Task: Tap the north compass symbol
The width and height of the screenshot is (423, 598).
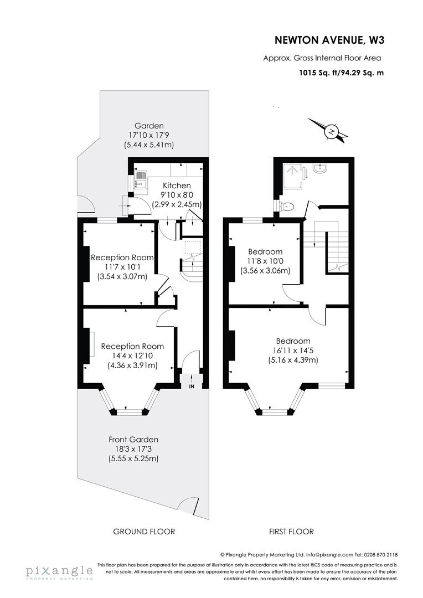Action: (x=331, y=131)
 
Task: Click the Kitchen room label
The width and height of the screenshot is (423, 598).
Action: (x=177, y=185)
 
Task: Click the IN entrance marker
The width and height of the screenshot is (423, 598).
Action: (x=192, y=386)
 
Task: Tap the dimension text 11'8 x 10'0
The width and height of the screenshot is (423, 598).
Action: (x=265, y=261)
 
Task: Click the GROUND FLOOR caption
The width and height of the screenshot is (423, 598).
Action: (x=144, y=532)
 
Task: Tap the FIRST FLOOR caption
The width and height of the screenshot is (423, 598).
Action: (x=291, y=532)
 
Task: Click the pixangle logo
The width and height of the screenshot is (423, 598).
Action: (x=59, y=572)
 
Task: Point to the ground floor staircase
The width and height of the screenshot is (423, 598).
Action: (x=192, y=260)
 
